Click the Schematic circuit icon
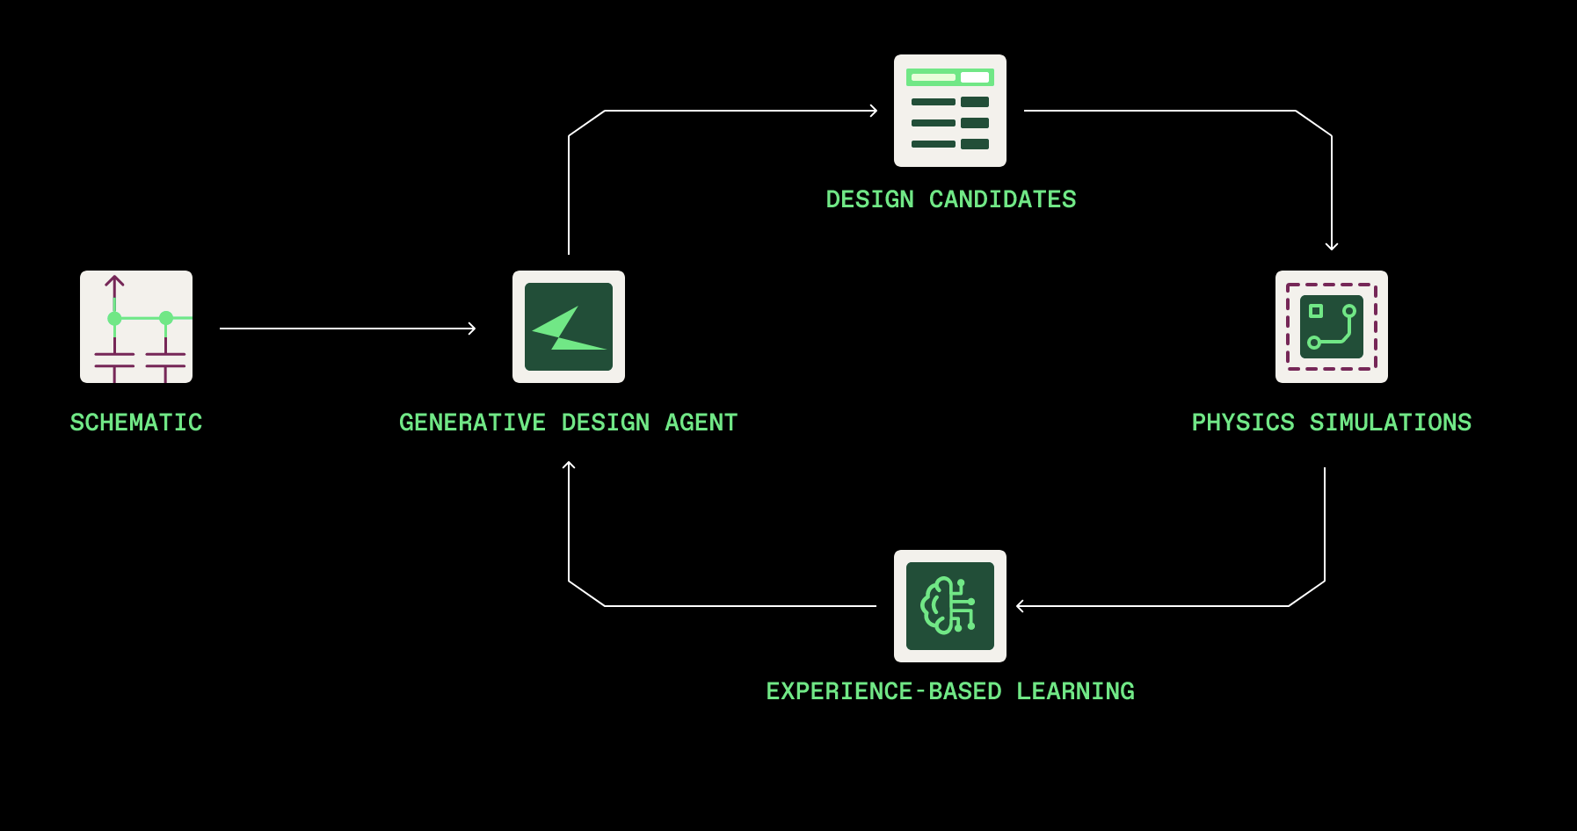point(136,327)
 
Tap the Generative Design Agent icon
point(569,327)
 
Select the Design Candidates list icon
point(950,111)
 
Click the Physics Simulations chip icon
point(1332,327)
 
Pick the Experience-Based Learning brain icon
point(950,606)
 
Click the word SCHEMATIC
point(136,423)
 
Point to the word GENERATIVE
point(472,423)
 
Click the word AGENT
point(701,423)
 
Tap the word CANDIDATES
point(1002,199)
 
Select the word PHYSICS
point(1243,423)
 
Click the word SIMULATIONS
point(1391,423)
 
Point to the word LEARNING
point(1075,691)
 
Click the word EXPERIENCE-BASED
point(883,691)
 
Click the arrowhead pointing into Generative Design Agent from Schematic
point(473,329)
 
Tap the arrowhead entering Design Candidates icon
point(875,111)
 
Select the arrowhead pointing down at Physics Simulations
point(1332,247)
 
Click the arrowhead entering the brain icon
point(1020,606)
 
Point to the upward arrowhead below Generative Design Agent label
point(569,465)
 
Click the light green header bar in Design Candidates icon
point(950,77)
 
